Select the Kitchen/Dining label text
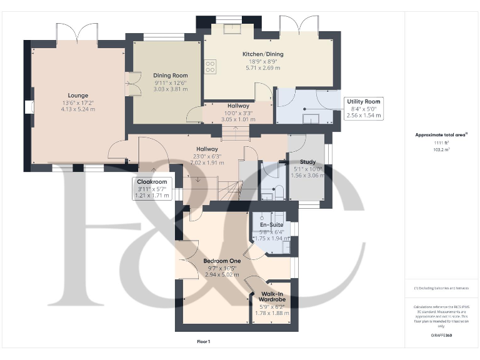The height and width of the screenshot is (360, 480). point(262,54)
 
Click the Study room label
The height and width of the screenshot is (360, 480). point(307,162)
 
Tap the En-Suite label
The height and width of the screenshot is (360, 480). point(272,224)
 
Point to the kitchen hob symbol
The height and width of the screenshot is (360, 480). point(211,66)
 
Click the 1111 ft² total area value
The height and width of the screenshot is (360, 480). point(441,143)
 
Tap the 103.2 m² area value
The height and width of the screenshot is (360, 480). point(441,150)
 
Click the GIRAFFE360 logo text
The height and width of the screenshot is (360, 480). point(441,336)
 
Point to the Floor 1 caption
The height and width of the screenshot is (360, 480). point(204,341)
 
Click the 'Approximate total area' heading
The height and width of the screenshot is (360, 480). point(440,134)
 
